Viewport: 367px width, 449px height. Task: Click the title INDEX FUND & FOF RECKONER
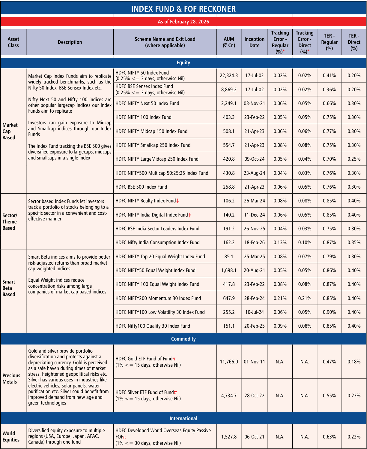pos(183,9)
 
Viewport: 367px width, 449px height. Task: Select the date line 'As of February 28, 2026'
pos(183,22)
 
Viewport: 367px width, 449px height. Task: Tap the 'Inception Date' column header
pos(254,42)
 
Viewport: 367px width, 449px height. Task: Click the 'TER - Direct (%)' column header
pos(354,42)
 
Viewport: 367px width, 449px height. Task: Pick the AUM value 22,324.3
pos(229,75)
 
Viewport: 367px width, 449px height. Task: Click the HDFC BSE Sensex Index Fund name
pos(144,86)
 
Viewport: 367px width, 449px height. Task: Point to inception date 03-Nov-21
pos(254,103)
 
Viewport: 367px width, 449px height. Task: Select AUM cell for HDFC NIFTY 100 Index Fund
pos(229,117)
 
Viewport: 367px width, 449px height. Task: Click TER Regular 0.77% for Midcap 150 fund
pos(329,131)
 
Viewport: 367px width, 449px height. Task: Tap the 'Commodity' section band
pos(183,339)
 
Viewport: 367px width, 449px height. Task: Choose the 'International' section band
pos(183,418)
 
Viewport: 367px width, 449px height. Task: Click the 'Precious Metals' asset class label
pos(11,378)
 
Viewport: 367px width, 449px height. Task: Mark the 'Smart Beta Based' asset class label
pos(9,288)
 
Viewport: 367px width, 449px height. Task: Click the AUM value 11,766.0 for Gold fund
pos(229,362)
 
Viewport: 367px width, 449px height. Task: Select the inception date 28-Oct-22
pos(254,396)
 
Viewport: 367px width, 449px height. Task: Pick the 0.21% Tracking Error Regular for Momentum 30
pos(280,298)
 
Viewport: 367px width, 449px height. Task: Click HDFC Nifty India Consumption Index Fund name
pos(157,242)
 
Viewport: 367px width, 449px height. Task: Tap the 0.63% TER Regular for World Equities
pos(329,437)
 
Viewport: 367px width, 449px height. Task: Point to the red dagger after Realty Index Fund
pos(178,201)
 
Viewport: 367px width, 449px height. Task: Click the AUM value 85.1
pos(229,256)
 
